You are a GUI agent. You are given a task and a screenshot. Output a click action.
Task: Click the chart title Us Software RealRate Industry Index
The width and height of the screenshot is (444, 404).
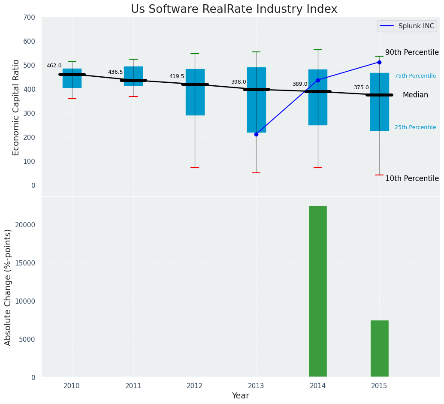point(234,9)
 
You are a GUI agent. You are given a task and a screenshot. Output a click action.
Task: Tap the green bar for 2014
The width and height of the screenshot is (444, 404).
point(318,291)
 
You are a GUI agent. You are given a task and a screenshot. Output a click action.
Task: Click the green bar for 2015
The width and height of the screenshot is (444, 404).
point(379,348)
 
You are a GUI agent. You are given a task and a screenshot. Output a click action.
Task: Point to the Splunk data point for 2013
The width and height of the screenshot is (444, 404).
point(256,134)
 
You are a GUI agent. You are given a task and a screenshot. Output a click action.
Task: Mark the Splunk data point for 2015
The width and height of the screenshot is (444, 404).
point(379,62)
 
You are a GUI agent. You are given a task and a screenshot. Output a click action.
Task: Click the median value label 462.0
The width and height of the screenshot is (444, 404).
point(54,66)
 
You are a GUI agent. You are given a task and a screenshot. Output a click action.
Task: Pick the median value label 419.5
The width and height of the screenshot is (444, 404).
point(177,76)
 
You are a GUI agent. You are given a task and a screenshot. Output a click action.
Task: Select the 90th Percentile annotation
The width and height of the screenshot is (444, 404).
point(412,52)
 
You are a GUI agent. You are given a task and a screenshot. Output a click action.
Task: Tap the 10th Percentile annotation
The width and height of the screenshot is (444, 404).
point(412,178)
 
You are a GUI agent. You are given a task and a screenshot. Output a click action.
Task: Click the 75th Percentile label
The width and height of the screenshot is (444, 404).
point(415,76)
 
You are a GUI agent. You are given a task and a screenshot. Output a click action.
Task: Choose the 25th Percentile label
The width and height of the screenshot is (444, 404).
point(415,127)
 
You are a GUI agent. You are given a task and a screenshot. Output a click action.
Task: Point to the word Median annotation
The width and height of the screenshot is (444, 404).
point(415,95)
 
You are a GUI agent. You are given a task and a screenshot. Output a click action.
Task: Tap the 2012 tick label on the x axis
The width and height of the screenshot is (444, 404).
point(195,386)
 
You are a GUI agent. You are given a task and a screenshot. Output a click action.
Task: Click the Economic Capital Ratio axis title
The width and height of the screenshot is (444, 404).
point(16,107)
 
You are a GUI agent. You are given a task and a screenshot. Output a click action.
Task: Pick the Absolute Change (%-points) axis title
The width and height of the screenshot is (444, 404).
point(8,287)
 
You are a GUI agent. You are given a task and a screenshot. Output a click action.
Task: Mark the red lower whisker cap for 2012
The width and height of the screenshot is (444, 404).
point(195,168)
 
